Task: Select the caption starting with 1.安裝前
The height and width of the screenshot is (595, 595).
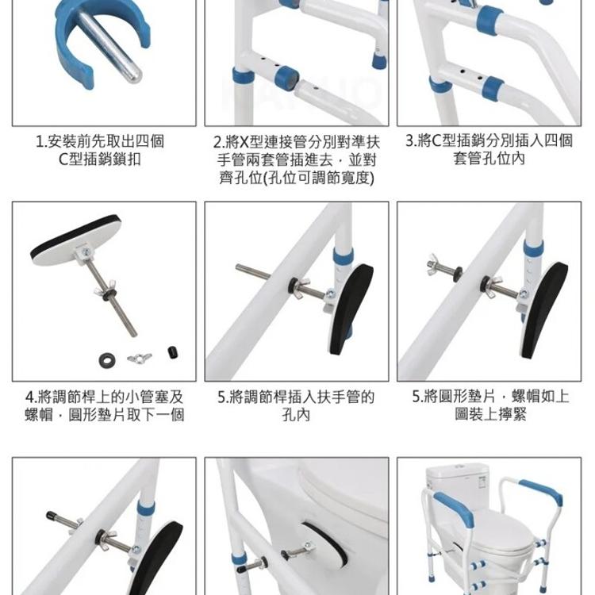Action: click(x=100, y=150)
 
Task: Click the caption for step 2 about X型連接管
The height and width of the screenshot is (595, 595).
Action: click(x=297, y=159)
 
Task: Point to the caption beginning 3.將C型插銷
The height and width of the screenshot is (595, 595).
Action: click(x=489, y=149)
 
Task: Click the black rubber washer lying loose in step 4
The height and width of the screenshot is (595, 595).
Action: click(x=108, y=360)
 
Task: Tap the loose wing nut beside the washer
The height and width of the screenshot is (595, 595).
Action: click(x=140, y=358)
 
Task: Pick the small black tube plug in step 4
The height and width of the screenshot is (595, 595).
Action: click(x=173, y=352)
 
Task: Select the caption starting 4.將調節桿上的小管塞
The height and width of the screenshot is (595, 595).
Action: click(x=105, y=405)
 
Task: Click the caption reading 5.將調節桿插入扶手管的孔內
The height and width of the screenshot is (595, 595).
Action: click(x=296, y=405)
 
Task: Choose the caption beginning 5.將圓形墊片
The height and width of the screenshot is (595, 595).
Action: click(x=490, y=405)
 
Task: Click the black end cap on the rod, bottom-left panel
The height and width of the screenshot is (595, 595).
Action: click(x=52, y=516)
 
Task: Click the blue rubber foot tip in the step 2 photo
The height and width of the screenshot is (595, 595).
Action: click(x=378, y=60)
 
